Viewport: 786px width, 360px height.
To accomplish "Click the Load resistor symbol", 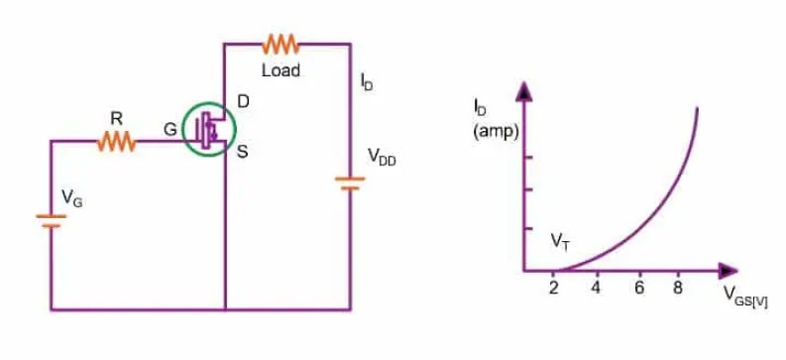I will pos(281,44).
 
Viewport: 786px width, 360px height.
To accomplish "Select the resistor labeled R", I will pos(116,142).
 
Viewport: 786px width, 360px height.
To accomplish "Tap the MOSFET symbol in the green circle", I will pos(210,129).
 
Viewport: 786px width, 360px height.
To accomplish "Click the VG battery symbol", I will pos(52,220).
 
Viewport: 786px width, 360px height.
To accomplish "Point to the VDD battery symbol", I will pos(350,183).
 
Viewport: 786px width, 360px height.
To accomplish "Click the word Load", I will pos(281,71).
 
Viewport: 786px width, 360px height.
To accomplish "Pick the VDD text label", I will pos(382,157).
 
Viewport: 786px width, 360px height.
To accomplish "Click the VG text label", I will pos(72,198).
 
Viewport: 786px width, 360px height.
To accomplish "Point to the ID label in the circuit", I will pos(367,83).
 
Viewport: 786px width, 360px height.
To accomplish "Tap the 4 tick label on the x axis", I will pos(597,288).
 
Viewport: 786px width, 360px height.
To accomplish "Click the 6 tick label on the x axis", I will pos(639,288).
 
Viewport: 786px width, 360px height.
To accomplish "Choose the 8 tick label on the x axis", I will pos(679,288).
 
